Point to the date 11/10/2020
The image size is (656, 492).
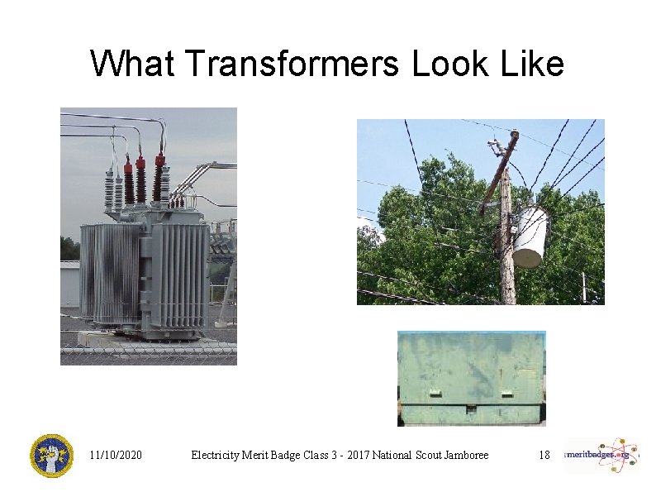point(116,455)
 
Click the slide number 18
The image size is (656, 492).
point(544,455)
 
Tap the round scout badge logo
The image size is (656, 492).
point(51,456)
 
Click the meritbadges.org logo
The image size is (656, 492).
point(601,455)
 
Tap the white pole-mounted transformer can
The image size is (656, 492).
point(530,236)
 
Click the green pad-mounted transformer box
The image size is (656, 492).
point(471,378)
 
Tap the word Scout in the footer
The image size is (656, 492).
point(416,455)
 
